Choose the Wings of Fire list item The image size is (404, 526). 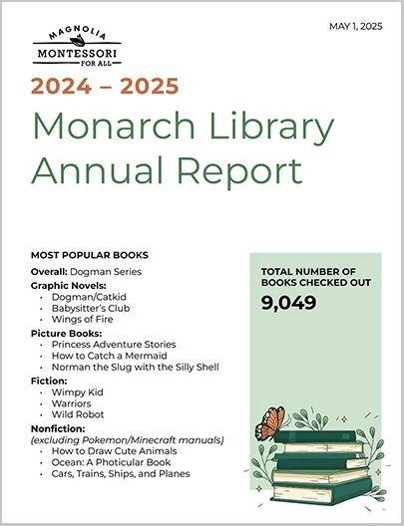(x=86, y=319)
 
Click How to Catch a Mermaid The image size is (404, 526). (x=109, y=355)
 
